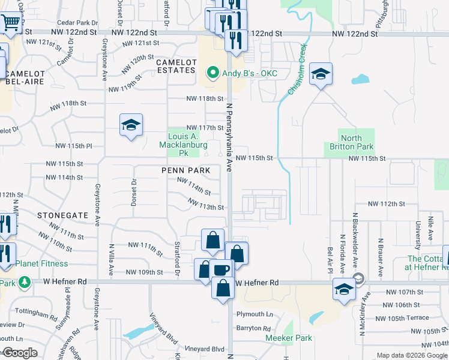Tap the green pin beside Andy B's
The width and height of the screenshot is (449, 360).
(x=212, y=74)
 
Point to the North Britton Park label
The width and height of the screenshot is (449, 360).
(x=351, y=142)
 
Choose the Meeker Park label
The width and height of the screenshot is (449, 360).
(x=289, y=338)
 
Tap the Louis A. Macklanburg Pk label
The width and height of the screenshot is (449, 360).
(x=183, y=141)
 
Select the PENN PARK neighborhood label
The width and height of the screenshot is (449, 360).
(x=185, y=170)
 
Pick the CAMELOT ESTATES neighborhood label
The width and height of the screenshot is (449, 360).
(x=175, y=66)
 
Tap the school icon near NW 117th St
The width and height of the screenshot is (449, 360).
(x=131, y=125)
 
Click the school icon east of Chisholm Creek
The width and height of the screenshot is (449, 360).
(x=321, y=74)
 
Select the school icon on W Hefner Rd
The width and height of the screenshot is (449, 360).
(x=344, y=290)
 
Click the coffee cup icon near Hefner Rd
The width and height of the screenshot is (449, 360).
(x=220, y=269)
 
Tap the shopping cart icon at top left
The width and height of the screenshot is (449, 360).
(x=11, y=23)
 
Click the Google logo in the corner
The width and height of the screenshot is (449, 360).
(x=19, y=353)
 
